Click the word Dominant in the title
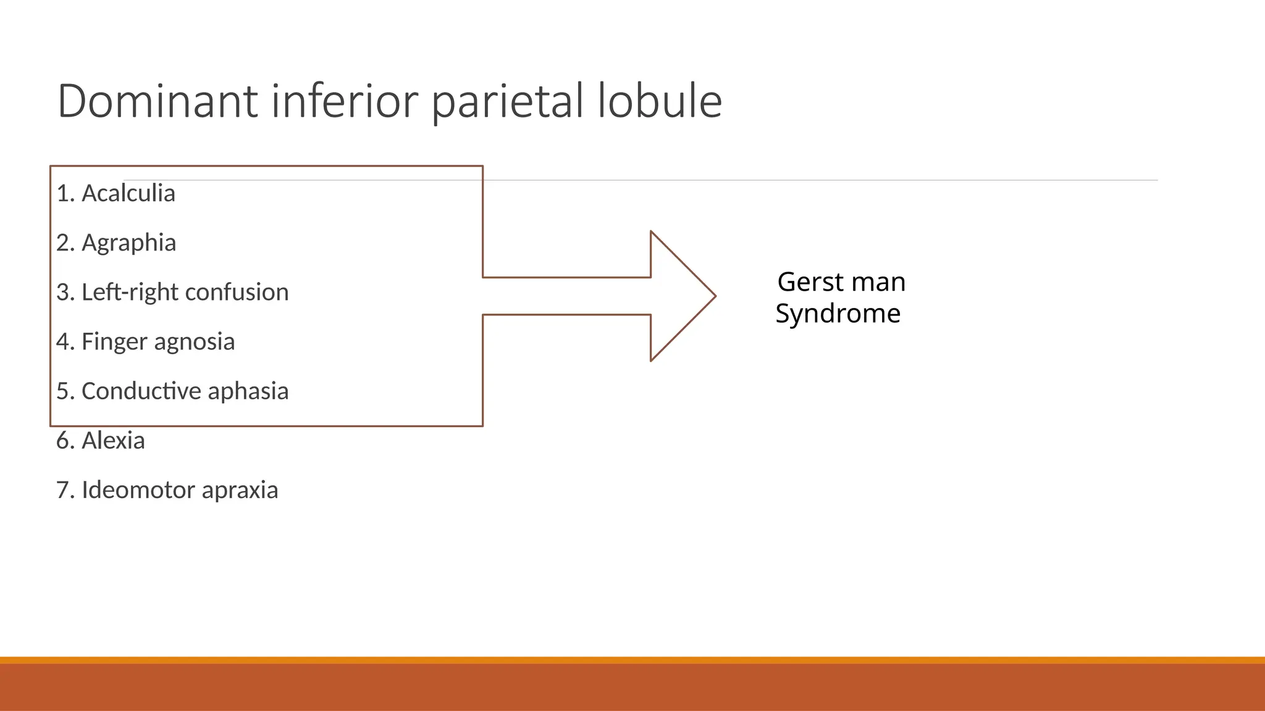coord(157,101)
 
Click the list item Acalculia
coord(128,193)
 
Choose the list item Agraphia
coord(128,243)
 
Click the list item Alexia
coord(113,440)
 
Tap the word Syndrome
coord(838,314)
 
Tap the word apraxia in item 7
coord(240,490)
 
